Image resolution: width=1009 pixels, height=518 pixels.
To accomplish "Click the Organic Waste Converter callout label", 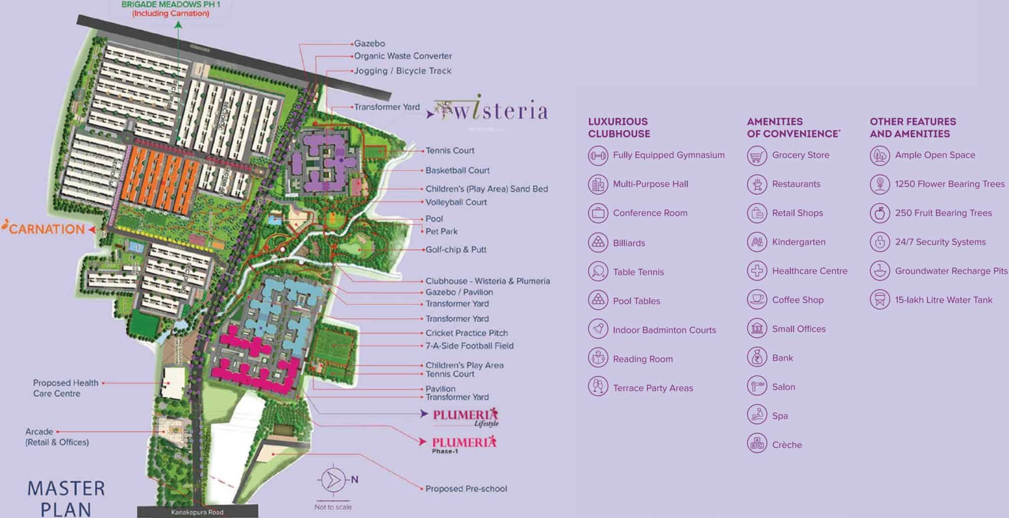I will tap(403, 56).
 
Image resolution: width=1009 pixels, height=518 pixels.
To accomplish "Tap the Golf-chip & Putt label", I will tap(456, 250).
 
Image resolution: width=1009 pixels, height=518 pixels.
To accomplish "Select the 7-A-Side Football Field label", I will tap(469, 346).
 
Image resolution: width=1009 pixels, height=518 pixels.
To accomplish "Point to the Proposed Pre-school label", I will tap(466, 489).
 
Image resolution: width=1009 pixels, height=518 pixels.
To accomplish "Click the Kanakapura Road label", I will tap(197, 513).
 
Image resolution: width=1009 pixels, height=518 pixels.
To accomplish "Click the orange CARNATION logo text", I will tap(47, 229).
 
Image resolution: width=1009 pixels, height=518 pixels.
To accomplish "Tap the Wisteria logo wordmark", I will tap(493, 112).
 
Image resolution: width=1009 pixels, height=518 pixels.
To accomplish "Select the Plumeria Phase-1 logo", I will tap(463, 444).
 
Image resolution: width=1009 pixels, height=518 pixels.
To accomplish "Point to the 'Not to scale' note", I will tap(333, 507).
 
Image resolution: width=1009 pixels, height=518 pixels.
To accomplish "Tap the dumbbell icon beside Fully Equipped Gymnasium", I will tap(598, 156).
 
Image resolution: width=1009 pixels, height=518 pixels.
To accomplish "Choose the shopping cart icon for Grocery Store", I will tap(757, 156).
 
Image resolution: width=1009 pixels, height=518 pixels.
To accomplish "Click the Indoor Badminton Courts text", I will tap(664, 330).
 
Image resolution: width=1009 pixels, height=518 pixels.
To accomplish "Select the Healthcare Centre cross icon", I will tap(757, 271).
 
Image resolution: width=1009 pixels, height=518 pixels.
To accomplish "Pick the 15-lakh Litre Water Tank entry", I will tap(943, 300).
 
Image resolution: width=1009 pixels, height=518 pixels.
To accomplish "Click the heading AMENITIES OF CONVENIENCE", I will tap(793, 128).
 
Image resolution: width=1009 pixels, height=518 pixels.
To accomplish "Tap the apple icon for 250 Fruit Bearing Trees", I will tap(879, 213).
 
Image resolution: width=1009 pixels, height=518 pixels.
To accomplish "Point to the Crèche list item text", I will tap(787, 445).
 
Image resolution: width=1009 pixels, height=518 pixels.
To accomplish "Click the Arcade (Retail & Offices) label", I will tap(57, 437).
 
